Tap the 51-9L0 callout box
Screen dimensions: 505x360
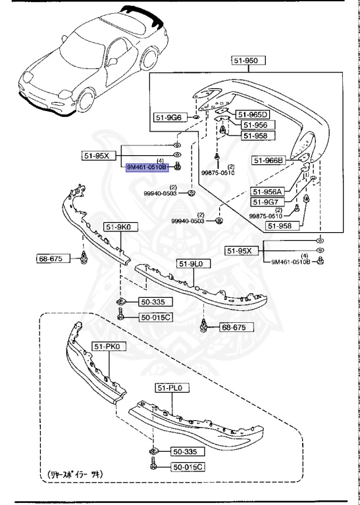point(190,264)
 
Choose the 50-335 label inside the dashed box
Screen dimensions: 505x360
point(185,452)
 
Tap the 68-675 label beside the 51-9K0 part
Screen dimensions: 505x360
point(49,258)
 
